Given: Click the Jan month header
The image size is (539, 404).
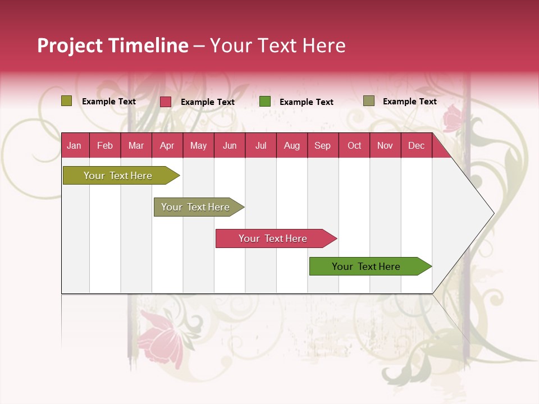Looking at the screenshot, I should [74, 145].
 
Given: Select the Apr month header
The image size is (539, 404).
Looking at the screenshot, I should [167, 145].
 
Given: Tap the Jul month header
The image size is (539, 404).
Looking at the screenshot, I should [261, 145].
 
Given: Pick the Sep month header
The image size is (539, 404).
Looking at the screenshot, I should [322, 145].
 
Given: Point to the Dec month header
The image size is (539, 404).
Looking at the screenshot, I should [416, 145].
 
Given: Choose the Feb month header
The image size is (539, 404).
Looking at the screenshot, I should [105, 145].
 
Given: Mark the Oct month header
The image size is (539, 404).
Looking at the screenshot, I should [354, 145].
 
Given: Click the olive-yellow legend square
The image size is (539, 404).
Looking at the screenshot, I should [67, 101].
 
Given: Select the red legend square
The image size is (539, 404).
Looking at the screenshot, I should [166, 102].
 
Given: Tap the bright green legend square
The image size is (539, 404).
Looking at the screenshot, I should [265, 101].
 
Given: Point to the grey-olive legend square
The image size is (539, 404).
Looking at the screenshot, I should [369, 101].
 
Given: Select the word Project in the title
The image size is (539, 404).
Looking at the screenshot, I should [70, 45].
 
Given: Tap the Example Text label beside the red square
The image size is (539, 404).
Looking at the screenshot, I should [207, 102].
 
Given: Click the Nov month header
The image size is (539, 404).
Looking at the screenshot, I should [385, 145].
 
